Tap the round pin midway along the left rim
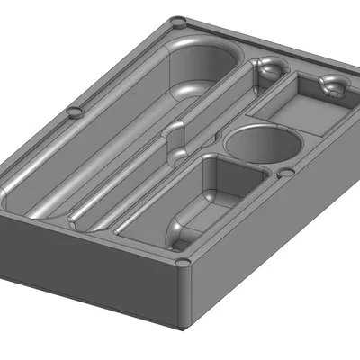pyautogui.click(x=75, y=112)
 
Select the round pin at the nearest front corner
pyautogui.click(x=183, y=263)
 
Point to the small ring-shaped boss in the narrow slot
pyautogui.click(x=267, y=67)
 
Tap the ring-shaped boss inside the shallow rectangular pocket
pyautogui.click(x=333, y=85)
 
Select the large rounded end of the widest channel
pyautogui.click(x=202, y=67)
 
